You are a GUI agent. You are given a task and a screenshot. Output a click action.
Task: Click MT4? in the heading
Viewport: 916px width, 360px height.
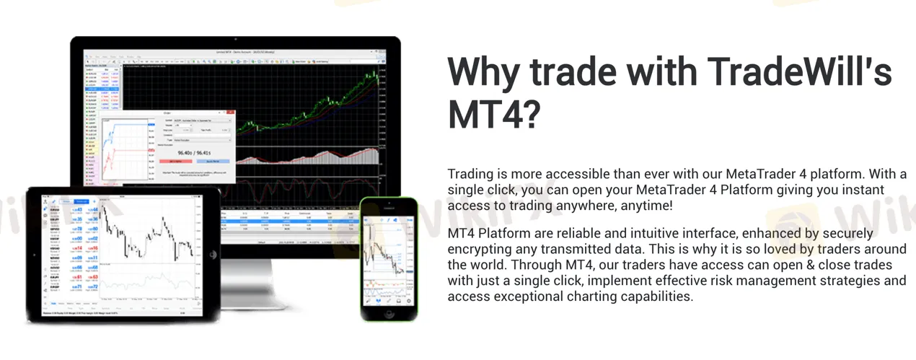(494, 114)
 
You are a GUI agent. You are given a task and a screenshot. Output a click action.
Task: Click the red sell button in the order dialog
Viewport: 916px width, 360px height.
(175, 161)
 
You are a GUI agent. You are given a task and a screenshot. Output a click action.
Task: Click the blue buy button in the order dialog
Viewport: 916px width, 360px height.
(212, 161)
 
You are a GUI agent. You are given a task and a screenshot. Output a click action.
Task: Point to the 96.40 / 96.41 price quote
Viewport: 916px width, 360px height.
(193, 152)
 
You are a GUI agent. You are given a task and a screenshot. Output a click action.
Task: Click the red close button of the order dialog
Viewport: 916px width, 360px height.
(231, 113)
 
